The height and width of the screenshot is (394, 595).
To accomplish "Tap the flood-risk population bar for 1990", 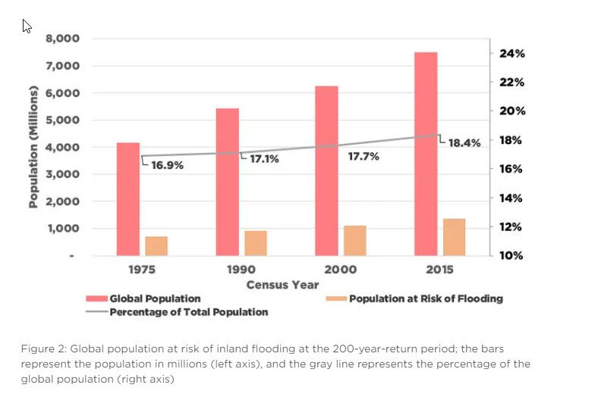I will coord(255,242).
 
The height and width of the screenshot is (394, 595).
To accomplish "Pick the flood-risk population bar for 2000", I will coord(354,240).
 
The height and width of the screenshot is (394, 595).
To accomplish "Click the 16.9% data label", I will coord(167,165).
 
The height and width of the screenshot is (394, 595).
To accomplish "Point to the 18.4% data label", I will coord(464,143).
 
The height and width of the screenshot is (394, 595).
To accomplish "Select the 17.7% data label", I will coord(364,157).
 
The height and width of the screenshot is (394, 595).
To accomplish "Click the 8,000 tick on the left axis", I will coord(65,39).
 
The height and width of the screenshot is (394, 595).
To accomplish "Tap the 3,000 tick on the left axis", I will coord(65,174).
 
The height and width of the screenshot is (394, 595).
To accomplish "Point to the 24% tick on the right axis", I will coord(512,54).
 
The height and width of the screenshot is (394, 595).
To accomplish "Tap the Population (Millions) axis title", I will coord(33,148).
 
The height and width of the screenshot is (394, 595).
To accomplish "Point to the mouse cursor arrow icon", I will coord(27,26).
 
